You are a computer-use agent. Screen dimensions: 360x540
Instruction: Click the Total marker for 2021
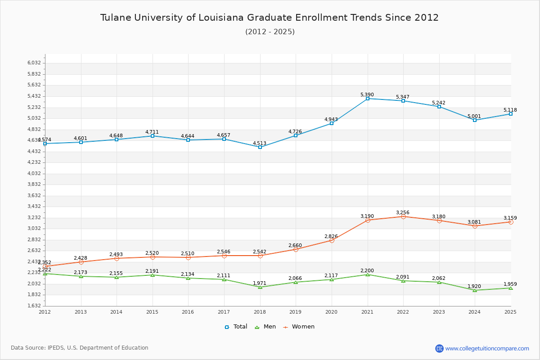pos(368,99)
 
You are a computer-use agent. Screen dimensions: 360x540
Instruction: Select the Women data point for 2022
pos(403,216)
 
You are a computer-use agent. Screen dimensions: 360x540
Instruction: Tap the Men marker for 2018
pos(260,287)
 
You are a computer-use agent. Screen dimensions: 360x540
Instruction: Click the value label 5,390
pos(367,94)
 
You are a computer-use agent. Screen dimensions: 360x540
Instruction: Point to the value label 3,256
pos(403,212)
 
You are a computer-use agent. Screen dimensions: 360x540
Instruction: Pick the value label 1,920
pos(474,286)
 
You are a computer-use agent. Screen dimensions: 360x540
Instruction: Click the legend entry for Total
pos(236,327)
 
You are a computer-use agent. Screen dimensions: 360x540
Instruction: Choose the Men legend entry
pos(265,327)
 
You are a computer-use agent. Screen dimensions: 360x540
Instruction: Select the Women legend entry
pos(299,327)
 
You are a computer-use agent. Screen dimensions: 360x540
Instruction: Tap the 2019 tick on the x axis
pos(296,311)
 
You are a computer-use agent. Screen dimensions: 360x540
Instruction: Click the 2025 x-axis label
pos(511,311)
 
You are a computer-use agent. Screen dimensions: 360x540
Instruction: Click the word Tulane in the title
pos(116,18)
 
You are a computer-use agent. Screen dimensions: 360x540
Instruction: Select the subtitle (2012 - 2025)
pos(270,31)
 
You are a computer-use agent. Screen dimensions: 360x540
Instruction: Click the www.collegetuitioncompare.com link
pos(487,348)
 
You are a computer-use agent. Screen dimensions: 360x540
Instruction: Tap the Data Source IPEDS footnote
pos(80,348)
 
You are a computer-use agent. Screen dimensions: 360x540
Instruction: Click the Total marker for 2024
pos(475,120)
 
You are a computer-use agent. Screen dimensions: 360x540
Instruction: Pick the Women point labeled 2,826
pos(332,240)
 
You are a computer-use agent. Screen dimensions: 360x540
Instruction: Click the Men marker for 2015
pos(153,275)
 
